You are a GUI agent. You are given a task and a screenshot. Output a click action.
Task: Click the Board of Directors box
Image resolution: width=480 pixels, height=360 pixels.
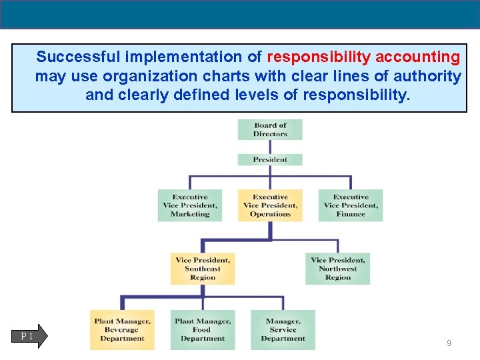270,129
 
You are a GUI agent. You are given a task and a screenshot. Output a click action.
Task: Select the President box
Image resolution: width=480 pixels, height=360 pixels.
270,159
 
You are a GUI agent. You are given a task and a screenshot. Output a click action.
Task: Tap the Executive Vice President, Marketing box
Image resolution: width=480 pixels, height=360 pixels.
190,205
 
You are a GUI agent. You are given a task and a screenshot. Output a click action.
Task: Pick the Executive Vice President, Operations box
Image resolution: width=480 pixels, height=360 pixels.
270,205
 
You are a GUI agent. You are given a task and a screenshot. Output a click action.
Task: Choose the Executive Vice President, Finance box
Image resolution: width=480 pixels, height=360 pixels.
351,205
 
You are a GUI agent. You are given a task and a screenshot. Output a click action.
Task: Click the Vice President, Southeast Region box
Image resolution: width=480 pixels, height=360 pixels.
203,269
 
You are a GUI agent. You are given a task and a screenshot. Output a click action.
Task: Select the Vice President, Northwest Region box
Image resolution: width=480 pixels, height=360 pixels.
338,269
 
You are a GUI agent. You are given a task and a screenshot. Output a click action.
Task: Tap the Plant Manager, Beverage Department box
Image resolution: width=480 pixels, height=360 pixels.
122,330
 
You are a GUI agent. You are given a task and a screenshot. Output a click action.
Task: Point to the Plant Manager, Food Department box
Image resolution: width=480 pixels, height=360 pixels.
203,330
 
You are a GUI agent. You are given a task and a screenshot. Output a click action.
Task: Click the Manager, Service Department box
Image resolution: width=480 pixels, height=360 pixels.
283,330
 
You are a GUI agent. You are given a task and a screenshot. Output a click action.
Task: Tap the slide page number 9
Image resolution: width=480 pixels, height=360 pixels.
449,343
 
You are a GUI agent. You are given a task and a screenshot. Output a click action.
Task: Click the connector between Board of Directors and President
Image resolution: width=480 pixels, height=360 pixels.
270,147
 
